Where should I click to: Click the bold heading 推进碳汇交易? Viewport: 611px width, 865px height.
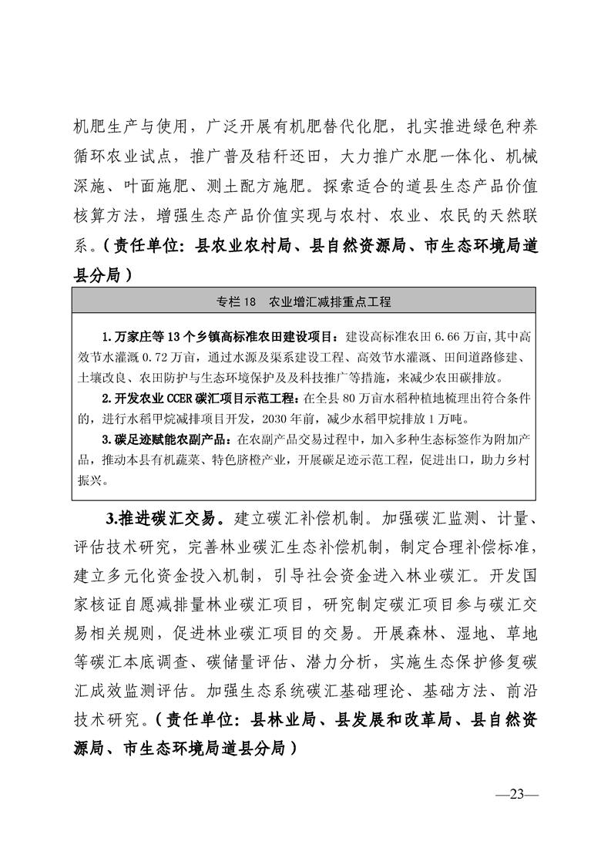[x=176, y=516]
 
